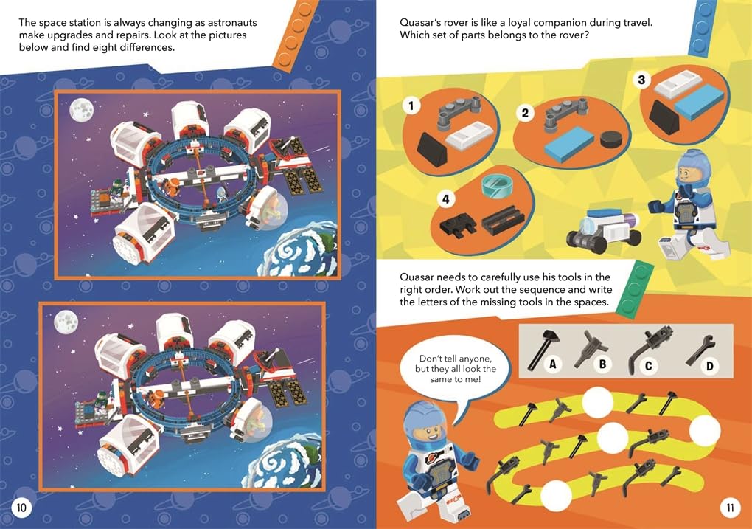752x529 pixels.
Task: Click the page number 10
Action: (x=21, y=508)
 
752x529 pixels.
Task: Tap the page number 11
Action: (x=730, y=508)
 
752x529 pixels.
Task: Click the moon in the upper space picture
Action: (x=81, y=111)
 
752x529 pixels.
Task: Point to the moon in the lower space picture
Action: (x=66, y=322)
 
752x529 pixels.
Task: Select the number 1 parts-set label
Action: (x=411, y=106)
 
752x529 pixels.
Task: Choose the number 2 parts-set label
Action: (x=525, y=114)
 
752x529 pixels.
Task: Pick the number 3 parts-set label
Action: (x=641, y=80)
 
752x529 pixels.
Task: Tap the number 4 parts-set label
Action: (x=445, y=198)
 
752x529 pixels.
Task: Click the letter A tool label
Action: (x=552, y=364)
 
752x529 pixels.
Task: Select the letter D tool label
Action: (x=709, y=367)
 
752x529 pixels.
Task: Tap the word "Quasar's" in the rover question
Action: (x=421, y=23)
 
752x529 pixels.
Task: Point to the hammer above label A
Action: (x=541, y=350)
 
